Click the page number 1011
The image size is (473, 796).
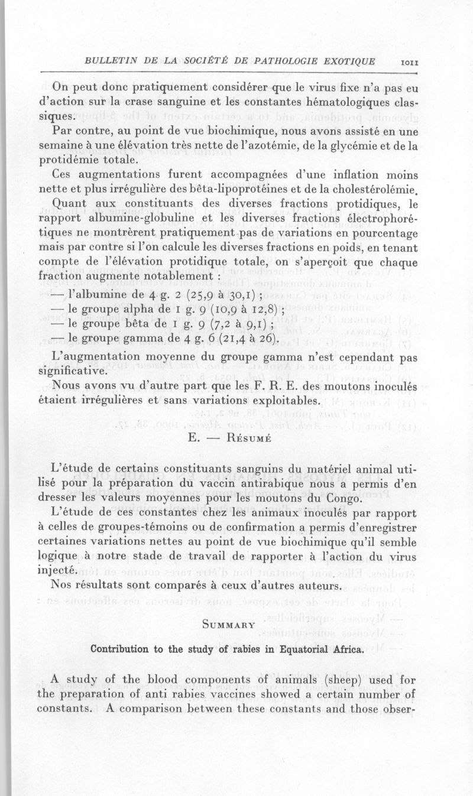[409, 63]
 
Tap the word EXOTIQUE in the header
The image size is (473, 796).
[347, 61]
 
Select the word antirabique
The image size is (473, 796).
[241, 484]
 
